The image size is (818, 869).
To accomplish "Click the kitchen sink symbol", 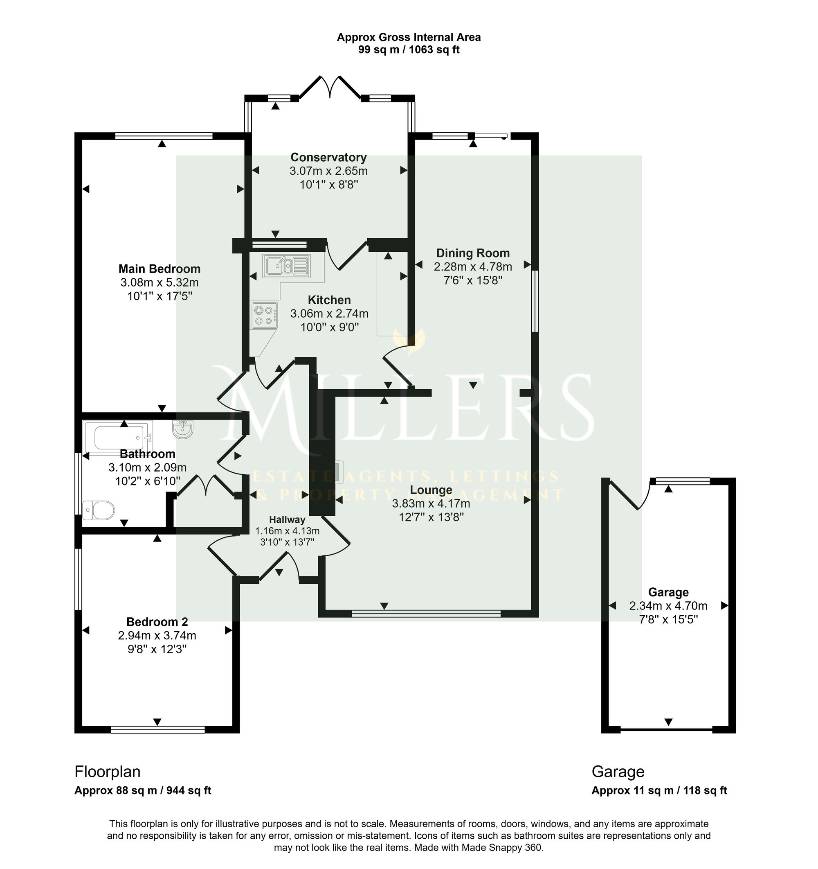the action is pyautogui.click(x=286, y=266).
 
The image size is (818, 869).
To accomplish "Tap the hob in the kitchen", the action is pyautogui.click(x=265, y=315).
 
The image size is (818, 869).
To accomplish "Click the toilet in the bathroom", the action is pyautogui.click(x=98, y=510).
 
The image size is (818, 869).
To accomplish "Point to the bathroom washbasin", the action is pyautogui.click(x=183, y=429).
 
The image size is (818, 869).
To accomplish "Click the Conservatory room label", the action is pyautogui.click(x=328, y=157).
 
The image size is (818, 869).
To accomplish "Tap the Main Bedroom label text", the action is pyautogui.click(x=160, y=269).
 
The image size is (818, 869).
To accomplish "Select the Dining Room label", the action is pyautogui.click(x=473, y=253).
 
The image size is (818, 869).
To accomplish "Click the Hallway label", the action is pyautogui.click(x=287, y=520).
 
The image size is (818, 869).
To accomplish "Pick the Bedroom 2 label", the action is pyautogui.click(x=157, y=622).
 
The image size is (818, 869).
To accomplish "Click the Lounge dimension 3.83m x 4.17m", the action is pyautogui.click(x=431, y=503).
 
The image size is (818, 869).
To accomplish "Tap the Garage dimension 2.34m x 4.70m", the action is pyautogui.click(x=668, y=606).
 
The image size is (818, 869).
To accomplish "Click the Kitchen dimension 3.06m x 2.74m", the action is pyautogui.click(x=329, y=314).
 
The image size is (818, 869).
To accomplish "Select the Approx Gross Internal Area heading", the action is pyautogui.click(x=409, y=38).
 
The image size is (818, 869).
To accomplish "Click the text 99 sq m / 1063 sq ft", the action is pyautogui.click(x=409, y=50).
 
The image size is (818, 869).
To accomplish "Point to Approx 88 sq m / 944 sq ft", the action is pyautogui.click(x=143, y=790).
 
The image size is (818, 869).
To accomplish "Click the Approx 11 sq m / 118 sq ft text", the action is pyautogui.click(x=659, y=790).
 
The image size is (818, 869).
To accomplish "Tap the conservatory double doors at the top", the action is pyautogui.click(x=330, y=87).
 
